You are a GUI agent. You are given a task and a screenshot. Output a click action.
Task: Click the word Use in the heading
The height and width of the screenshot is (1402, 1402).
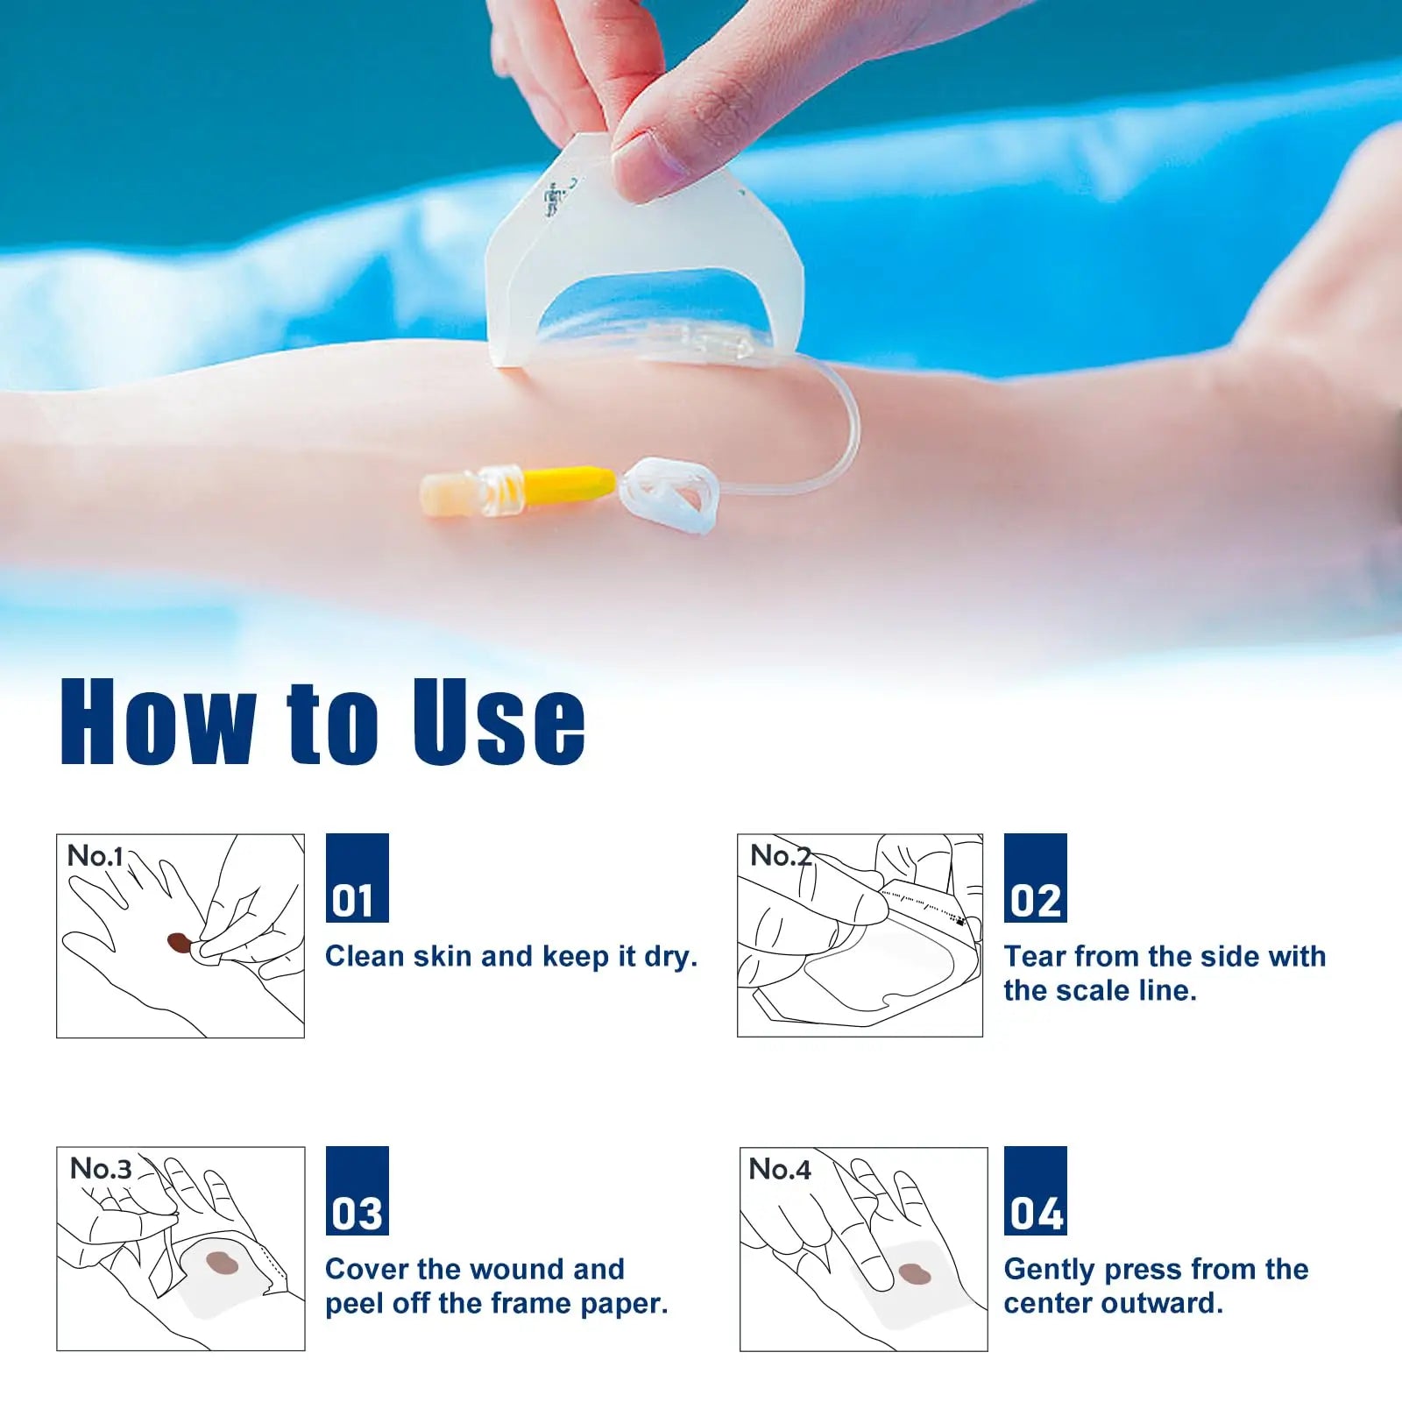(499, 723)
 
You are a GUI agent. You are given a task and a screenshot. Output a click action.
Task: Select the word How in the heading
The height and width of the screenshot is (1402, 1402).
(158, 723)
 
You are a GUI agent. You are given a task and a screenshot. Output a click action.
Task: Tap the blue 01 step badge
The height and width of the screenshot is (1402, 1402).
(357, 877)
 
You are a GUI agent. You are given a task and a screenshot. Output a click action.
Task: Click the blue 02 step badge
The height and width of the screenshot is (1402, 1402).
(1035, 877)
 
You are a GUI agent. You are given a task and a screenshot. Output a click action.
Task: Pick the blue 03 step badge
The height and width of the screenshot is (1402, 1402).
(357, 1190)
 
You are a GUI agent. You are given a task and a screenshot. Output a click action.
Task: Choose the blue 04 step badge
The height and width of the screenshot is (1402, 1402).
(1035, 1190)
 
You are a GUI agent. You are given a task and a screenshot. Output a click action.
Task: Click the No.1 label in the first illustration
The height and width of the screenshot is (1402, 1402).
(95, 855)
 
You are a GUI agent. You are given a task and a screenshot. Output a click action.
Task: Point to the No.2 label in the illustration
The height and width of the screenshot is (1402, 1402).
(780, 855)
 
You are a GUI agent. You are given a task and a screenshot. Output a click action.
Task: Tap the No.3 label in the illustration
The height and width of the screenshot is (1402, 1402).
(101, 1168)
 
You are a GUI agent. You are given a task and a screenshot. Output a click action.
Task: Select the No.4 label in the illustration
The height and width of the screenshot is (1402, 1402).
(780, 1169)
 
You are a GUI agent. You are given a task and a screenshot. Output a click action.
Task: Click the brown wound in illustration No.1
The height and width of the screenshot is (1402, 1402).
(180, 943)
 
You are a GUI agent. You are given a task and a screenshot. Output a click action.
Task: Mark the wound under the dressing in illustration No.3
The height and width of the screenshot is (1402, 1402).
(222, 1263)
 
